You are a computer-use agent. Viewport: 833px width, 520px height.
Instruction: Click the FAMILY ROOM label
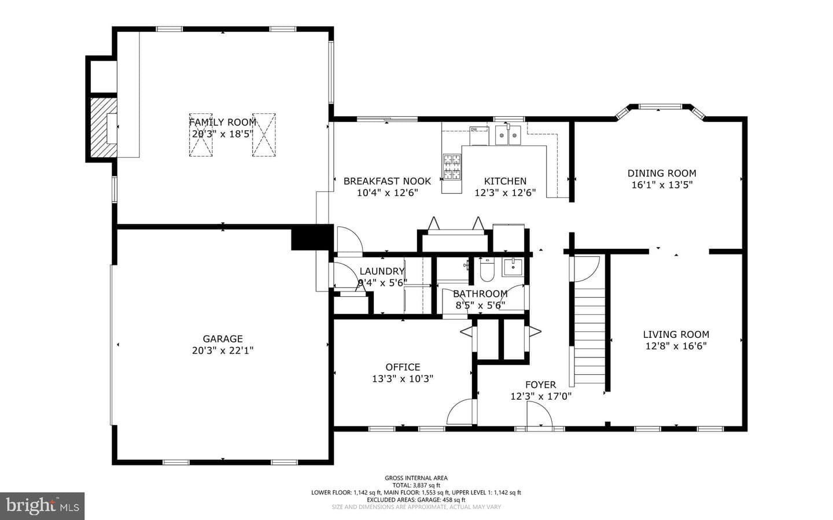pos(222,122)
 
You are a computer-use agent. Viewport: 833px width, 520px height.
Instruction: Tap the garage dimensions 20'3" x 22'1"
pos(222,351)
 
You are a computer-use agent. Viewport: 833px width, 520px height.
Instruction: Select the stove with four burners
pos(452,167)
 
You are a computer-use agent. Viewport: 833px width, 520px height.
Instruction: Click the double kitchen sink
pos(508,135)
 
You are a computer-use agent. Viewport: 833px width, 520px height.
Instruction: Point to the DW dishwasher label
pos(474,130)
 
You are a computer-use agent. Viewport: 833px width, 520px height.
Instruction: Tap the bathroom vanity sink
pos(513,267)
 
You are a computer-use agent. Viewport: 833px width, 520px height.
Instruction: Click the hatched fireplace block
pos(104,127)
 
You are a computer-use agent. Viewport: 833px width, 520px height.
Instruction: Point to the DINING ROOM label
pos(662,173)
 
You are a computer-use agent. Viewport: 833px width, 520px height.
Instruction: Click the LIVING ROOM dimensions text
pos(676,346)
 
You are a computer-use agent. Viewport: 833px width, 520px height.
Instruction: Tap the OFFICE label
pos(403,367)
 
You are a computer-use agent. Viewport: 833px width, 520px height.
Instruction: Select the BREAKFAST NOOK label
pos(387,181)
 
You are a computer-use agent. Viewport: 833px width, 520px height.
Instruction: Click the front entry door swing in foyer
pos(540,414)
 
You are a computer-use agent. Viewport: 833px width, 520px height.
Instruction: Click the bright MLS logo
pos(42,506)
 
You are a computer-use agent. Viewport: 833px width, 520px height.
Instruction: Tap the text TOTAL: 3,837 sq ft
pos(416,485)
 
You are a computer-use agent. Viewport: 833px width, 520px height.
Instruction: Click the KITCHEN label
pos(505,181)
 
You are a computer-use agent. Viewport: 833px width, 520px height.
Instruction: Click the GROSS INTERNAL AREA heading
pos(416,478)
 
